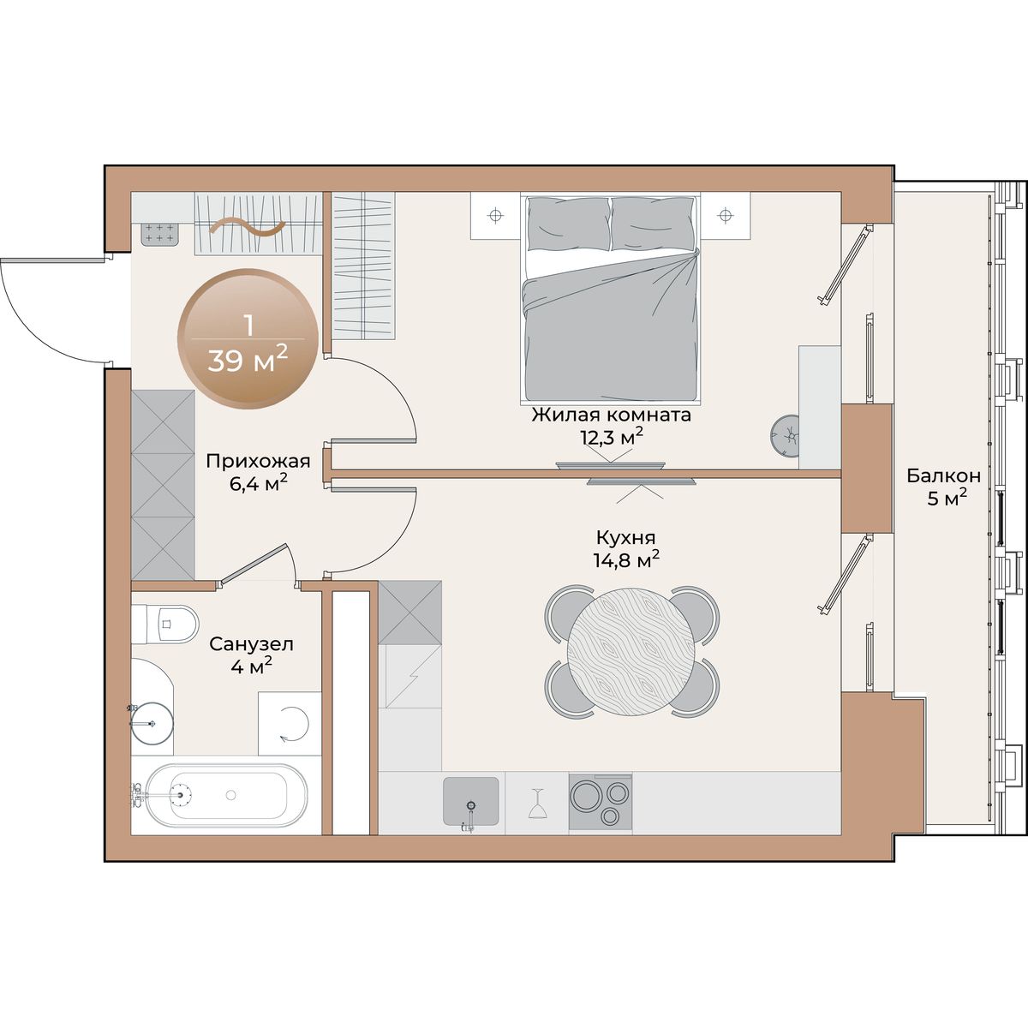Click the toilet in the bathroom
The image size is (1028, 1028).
[164, 623]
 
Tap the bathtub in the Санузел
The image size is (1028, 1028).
[219, 795]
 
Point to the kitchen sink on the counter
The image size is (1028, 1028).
[471, 801]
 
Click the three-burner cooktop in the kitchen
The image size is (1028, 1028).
[601, 802]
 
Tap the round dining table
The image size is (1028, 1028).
[631, 652]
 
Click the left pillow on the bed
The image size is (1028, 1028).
[568, 224]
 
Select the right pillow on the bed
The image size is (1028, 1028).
[653, 224]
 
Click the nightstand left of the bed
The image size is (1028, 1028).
[496, 216]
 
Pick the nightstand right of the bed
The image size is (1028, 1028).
[725, 216]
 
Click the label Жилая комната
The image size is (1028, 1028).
[612, 415]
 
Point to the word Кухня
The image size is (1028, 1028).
[625, 537]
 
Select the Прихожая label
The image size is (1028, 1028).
[258, 460]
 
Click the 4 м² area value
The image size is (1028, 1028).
[252, 666]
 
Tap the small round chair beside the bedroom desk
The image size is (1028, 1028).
[785, 436]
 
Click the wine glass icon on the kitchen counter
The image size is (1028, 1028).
[536, 803]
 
